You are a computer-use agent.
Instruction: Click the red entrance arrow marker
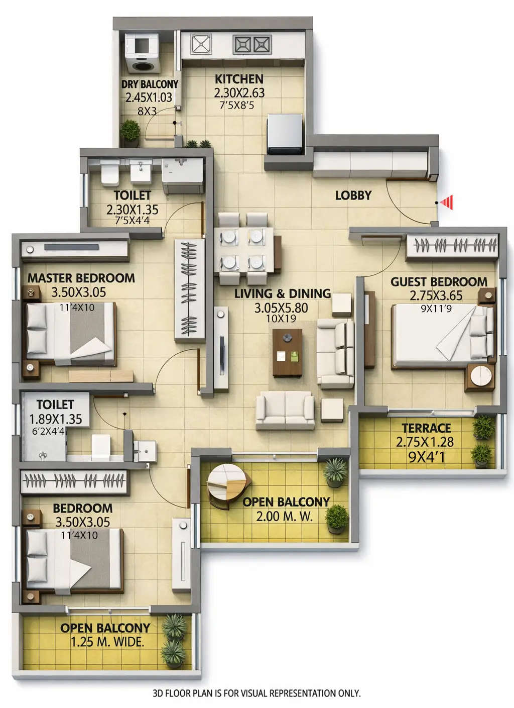click(x=447, y=203)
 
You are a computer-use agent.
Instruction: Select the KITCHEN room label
click(x=239, y=79)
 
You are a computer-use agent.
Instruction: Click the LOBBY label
click(x=353, y=195)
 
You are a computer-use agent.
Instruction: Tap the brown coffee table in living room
click(x=288, y=352)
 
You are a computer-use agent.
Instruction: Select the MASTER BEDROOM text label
click(x=81, y=278)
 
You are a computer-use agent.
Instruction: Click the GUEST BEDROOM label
click(x=439, y=282)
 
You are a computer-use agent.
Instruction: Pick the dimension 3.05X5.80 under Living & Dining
click(x=281, y=308)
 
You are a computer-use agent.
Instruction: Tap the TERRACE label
click(x=426, y=428)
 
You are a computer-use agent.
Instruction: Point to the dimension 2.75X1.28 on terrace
click(x=425, y=442)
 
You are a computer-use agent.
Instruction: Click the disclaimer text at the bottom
click(x=256, y=693)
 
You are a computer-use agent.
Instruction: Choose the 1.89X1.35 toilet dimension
click(x=55, y=419)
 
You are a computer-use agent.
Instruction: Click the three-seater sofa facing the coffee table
click(x=285, y=411)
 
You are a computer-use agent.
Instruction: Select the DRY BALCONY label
click(x=150, y=84)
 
